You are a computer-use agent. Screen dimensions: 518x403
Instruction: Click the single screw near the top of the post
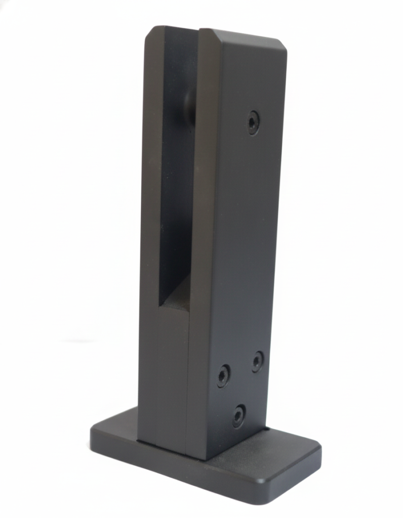[x=253, y=122]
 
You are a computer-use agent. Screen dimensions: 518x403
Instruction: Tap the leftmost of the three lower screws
[x=223, y=376]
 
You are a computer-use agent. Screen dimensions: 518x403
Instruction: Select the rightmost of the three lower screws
[x=258, y=361]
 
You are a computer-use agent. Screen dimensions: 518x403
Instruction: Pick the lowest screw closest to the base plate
[x=238, y=416]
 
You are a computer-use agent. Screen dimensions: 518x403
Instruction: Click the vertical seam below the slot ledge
[x=188, y=379]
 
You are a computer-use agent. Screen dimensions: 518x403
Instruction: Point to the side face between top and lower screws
[x=243, y=243]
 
